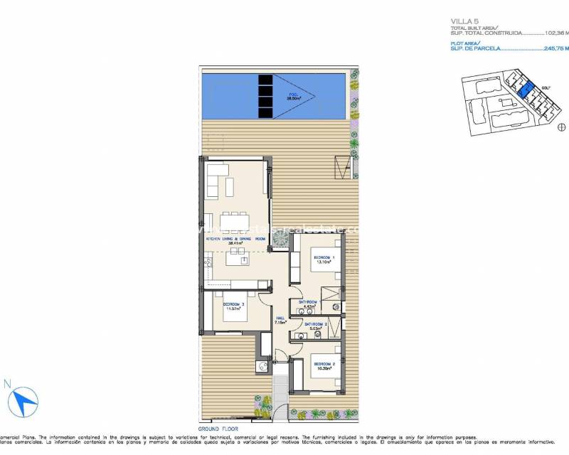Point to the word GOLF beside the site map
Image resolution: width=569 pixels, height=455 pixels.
click(x=546, y=89)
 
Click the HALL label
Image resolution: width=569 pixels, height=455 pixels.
click(x=281, y=318)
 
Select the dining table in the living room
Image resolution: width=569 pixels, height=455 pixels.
click(x=235, y=222)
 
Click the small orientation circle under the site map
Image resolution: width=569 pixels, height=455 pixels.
click(x=560, y=127)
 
